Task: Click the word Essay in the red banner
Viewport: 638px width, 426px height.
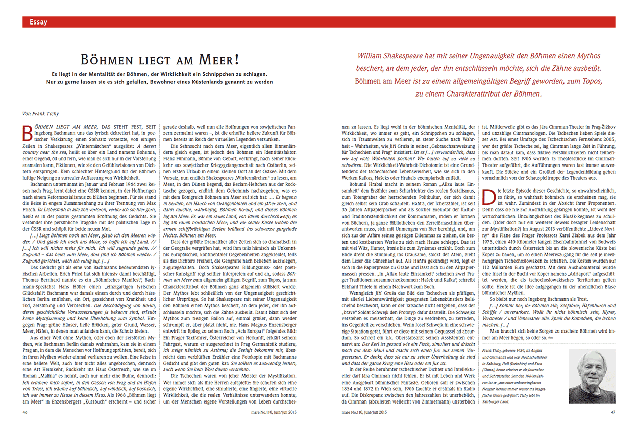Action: click(39, 21)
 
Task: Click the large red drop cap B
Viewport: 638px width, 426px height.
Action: click(29, 132)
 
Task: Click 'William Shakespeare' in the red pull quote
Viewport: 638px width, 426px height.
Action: click(388, 56)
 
